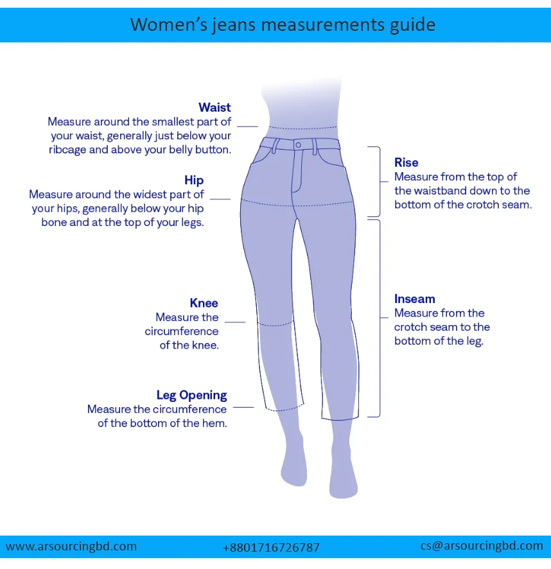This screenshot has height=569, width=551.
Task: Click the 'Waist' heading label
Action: [x=214, y=107]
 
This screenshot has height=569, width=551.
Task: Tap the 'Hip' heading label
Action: [x=194, y=180]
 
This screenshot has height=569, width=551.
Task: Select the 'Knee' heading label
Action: [x=204, y=303]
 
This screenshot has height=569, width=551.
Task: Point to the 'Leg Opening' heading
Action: [x=191, y=395]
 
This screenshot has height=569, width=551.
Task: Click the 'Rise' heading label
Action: [x=406, y=162]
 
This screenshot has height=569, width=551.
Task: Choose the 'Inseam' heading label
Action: [x=414, y=299]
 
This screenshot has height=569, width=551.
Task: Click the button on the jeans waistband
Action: [x=298, y=145]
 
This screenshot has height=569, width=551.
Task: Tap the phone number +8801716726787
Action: [x=271, y=548]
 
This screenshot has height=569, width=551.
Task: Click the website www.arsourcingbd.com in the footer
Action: [x=71, y=547]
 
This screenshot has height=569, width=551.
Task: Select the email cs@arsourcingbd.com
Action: [x=482, y=546]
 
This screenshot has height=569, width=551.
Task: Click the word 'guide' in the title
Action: [x=407, y=25]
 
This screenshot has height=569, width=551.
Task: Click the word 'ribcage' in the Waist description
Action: [x=69, y=150]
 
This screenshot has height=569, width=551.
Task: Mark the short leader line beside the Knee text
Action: [x=235, y=321]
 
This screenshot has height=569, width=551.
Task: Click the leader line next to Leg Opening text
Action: [x=243, y=407]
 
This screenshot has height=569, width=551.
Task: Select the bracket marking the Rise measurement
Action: [x=378, y=181]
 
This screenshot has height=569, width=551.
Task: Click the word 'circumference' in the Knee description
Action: [x=182, y=331]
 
